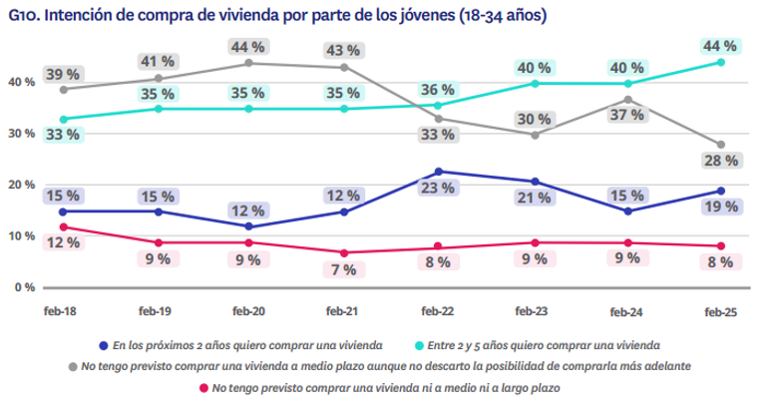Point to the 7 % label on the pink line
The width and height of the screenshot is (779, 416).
tap(343, 269)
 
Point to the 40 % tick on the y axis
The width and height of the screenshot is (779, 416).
tap(22, 82)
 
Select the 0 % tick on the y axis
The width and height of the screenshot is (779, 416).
tap(25, 287)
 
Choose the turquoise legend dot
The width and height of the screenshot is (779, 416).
tap(420, 345)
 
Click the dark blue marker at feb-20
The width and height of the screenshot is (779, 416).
tap(248, 226)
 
